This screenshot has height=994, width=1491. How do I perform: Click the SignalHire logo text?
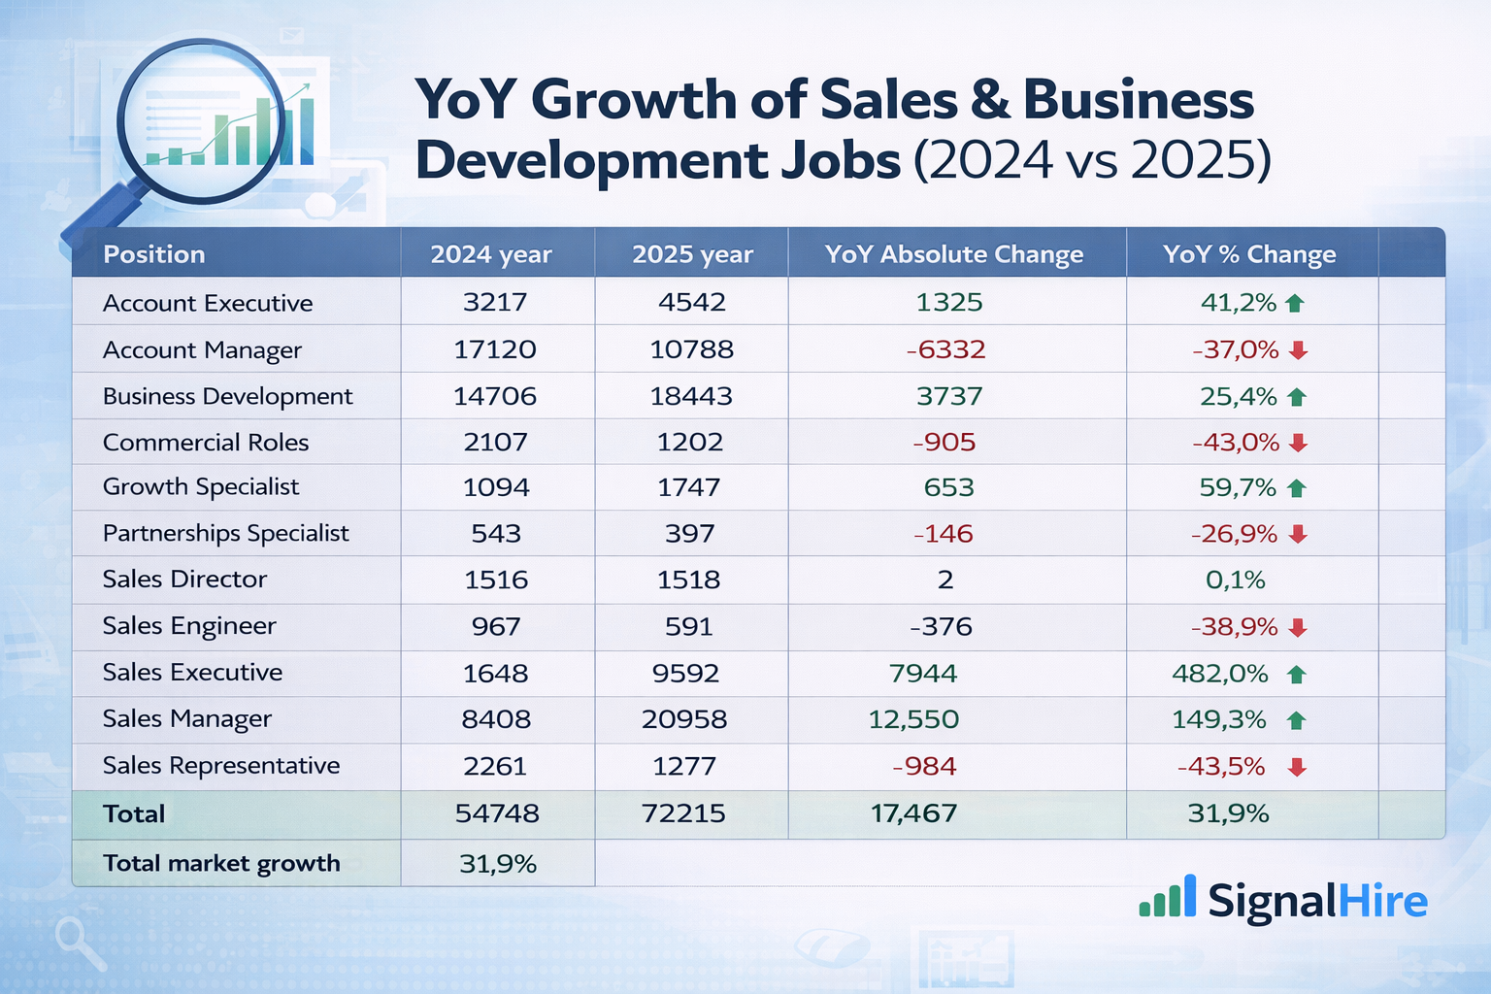pyautogui.click(x=1316, y=901)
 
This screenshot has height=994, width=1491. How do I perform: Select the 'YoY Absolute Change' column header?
pyautogui.click(x=953, y=254)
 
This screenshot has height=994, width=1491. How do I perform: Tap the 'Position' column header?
pyautogui.click(x=153, y=254)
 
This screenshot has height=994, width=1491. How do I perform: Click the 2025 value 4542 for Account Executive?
pyautogui.click(x=691, y=302)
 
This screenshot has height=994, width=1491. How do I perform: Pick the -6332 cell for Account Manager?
pyautogui.click(x=945, y=349)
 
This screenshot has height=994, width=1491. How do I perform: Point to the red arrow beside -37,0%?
pyautogui.click(x=1298, y=350)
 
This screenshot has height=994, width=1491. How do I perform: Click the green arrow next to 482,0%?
pyautogui.click(x=1296, y=675)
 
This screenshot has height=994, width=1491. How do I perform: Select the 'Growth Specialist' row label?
pyautogui.click(x=201, y=487)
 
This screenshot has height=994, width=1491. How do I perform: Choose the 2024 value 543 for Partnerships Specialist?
pyautogui.click(x=496, y=534)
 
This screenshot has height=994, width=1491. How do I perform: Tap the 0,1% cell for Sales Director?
pyautogui.click(x=1235, y=580)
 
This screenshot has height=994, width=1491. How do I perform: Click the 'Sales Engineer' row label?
pyautogui.click(x=189, y=626)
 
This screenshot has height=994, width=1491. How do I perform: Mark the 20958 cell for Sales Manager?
pyautogui.click(x=683, y=719)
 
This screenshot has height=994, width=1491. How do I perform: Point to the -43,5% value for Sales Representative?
pyautogui.click(x=1220, y=767)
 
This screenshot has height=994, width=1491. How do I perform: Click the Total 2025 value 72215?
pyautogui.click(x=683, y=813)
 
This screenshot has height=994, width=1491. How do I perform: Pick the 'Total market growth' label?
pyautogui.click(x=221, y=864)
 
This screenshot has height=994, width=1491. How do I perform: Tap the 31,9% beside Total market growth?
pyautogui.click(x=497, y=864)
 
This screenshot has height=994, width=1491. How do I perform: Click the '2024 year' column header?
pyautogui.click(x=491, y=254)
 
